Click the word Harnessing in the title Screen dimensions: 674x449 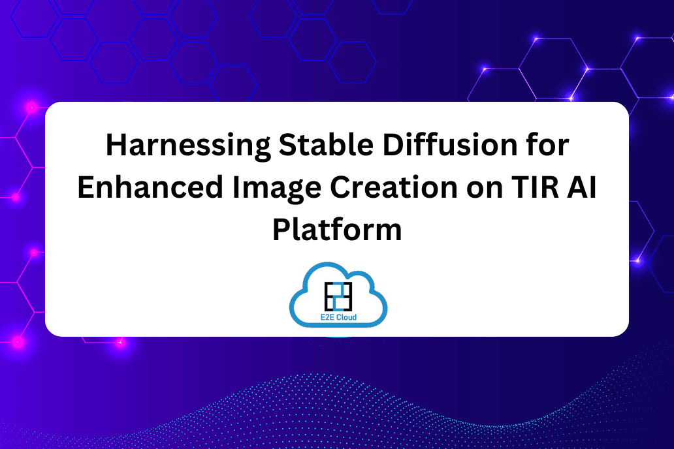pos(188,146)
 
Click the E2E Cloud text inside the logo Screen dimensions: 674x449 pos(339,317)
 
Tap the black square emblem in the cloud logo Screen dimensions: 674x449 pos(338,296)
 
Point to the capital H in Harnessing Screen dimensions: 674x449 pos(117,145)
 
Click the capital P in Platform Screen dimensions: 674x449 pos(282,230)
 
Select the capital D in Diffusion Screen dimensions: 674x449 pos(393,145)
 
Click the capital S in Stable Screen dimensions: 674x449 pos(288,145)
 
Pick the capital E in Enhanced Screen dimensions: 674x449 pos(86,187)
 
